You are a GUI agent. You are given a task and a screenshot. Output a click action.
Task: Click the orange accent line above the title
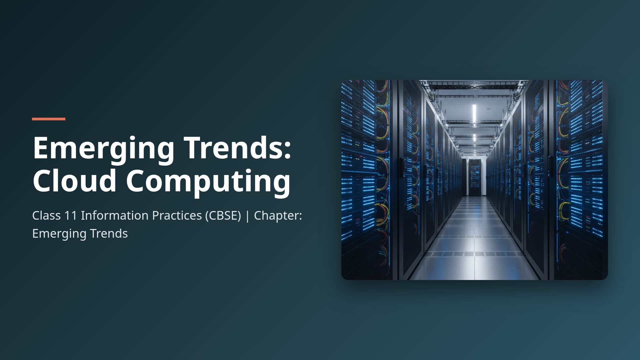pos(49,119)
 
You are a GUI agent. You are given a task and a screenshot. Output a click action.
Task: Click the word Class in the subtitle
pos(46,216)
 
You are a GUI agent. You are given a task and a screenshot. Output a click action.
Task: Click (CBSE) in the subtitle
pos(223,216)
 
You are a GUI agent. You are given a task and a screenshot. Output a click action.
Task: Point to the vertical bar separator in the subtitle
pos(247,216)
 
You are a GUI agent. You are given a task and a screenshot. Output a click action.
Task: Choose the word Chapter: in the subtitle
pos(278,216)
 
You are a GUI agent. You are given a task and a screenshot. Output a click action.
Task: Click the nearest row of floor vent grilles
pos(474,254)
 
